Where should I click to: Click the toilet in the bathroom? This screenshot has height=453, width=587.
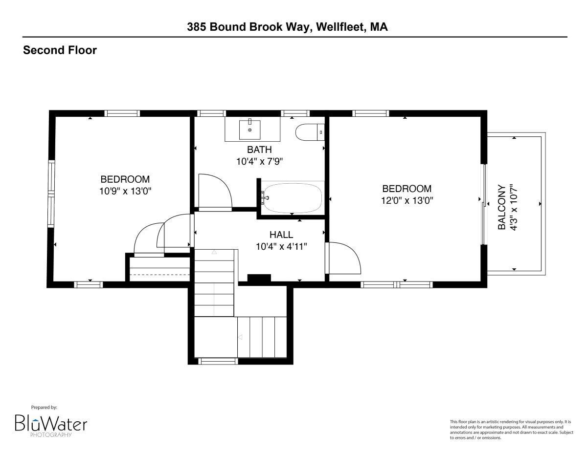310,132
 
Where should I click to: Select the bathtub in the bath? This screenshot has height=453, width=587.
293,198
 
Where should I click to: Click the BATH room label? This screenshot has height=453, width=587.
259,150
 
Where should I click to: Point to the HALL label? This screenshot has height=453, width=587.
281,235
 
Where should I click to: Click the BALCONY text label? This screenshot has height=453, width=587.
501,207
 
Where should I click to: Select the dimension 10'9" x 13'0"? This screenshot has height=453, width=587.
125,191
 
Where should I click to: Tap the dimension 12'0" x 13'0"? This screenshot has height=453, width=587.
407,201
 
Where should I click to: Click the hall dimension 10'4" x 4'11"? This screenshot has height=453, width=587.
281,247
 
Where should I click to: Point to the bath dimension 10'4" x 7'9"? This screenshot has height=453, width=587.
259,162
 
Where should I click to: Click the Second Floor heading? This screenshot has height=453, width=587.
60,50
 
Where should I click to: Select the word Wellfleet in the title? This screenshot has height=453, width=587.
341,27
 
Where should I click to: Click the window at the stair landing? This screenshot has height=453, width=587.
218,361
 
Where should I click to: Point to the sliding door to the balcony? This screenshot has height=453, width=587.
484,204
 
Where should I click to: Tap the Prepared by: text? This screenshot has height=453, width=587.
44,408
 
